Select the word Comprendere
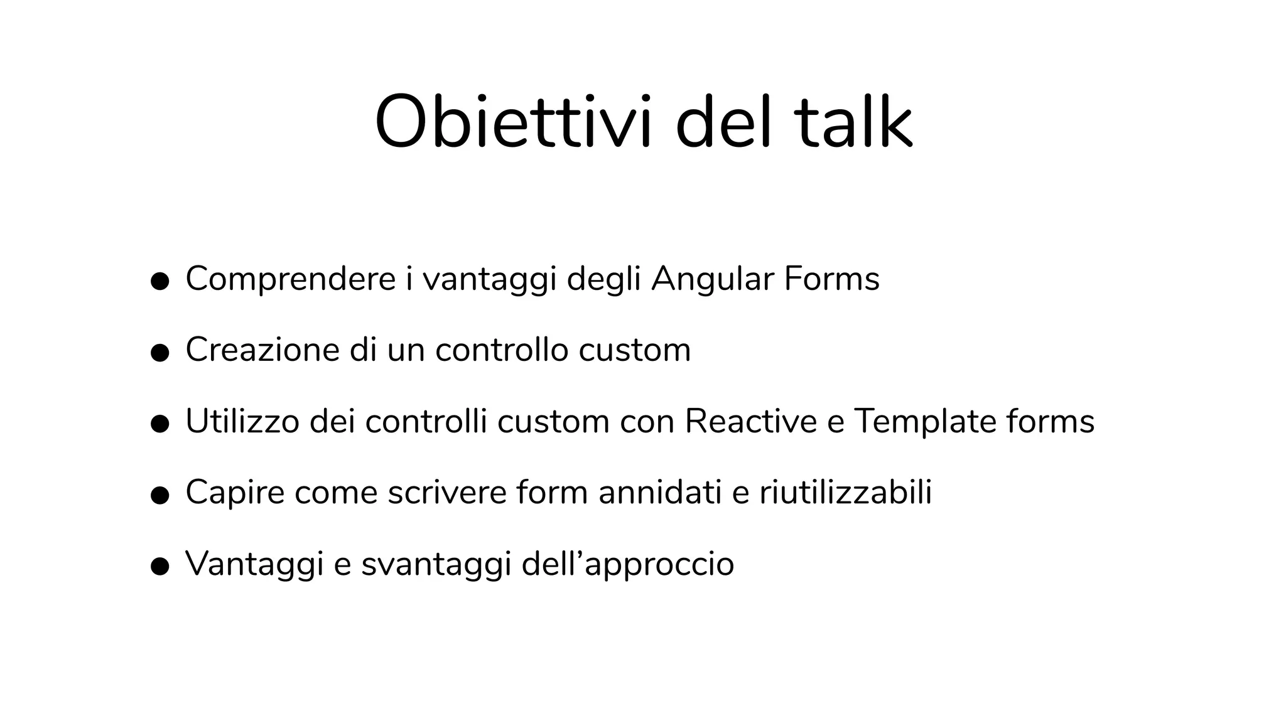pos(291,279)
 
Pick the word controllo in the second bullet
pos(502,350)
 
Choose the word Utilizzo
pos(242,421)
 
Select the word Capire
pos(235,492)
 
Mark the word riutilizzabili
pos(845,492)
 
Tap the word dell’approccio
pos(628,564)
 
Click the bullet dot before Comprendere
pos(160,282)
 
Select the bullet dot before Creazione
pos(160,353)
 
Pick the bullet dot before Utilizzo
pos(160,424)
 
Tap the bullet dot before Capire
pos(160,495)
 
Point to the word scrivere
pos(446,492)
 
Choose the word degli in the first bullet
pos(603,279)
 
